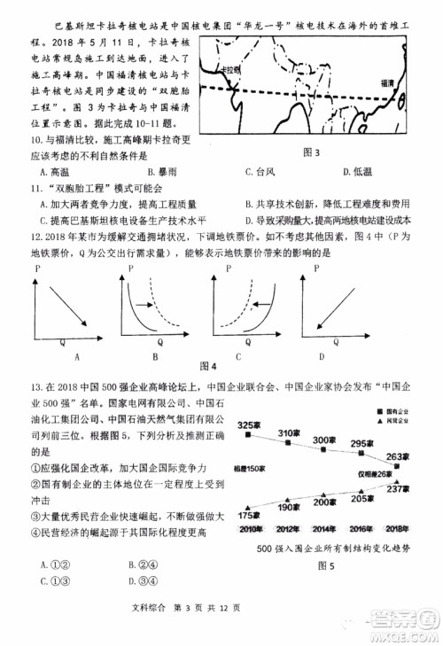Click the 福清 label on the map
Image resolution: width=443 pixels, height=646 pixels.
pyautogui.click(x=387, y=82)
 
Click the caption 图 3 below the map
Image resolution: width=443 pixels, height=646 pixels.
pyautogui.click(x=311, y=152)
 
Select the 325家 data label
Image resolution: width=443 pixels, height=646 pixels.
pyautogui.click(x=248, y=424)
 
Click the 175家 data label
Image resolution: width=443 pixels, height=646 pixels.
pyautogui.click(x=250, y=515)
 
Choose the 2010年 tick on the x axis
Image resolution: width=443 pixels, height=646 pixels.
pyautogui.click(x=250, y=529)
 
